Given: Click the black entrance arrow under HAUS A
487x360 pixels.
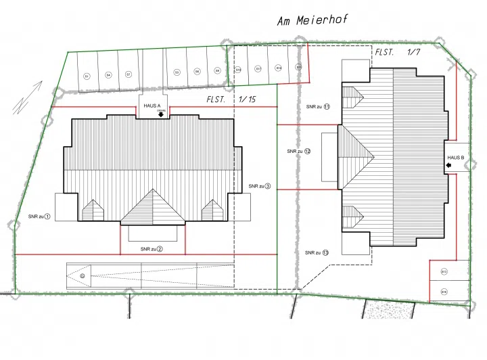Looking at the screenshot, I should click(161, 114).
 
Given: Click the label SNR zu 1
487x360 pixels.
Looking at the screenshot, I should click(39, 217).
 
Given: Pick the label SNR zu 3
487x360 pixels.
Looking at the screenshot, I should click(259, 186).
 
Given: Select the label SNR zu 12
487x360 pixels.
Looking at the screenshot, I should click(298, 151).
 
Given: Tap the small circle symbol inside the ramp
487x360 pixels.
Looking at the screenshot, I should click(83, 276).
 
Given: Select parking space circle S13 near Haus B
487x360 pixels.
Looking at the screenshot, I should click(444, 271).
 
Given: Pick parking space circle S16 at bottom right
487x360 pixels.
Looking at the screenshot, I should click(444, 292).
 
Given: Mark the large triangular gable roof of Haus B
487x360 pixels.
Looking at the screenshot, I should click(354, 154).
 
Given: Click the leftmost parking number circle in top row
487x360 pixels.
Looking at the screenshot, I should click(87, 76).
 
